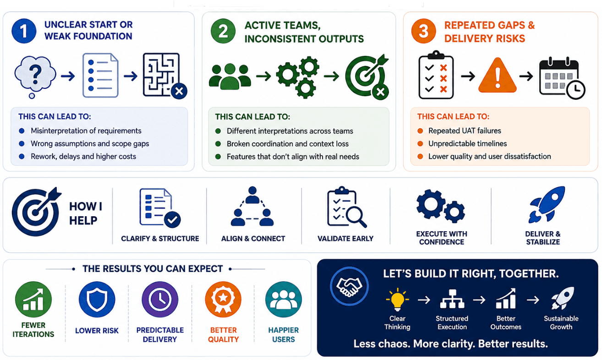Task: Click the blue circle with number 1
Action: (x=24, y=31)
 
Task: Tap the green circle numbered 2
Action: (x=223, y=31)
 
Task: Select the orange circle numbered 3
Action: (x=423, y=31)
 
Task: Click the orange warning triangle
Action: (x=498, y=75)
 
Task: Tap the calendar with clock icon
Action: (x=562, y=78)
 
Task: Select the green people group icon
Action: (x=230, y=76)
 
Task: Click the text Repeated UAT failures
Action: (x=465, y=131)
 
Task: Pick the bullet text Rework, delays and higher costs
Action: (x=83, y=156)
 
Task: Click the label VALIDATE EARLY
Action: (x=345, y=239)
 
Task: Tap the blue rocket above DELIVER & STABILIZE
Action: (x=547, y=205)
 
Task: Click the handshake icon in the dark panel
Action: (x=349, y=286)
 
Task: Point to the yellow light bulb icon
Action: (x=398, y=298)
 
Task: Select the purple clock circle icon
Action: (x=160, y=299)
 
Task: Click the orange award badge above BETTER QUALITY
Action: (x=223, y=299)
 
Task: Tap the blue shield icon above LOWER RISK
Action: (x=97, y=299)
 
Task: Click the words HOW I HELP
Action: (x=86, y=213)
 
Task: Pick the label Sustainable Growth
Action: (x=561, y=322)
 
